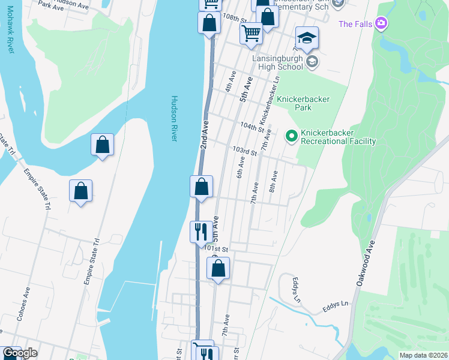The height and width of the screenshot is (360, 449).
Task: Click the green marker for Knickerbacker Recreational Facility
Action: click(x=292, y=137)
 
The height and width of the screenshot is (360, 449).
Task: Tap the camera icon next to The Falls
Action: click(x=381, y=23)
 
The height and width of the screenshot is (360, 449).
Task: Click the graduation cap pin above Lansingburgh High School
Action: click(x=307, y=38)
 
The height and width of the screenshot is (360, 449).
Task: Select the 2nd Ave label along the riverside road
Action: click(x=205, y=135)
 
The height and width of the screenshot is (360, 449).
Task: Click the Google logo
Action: click(x=20, y=353)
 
